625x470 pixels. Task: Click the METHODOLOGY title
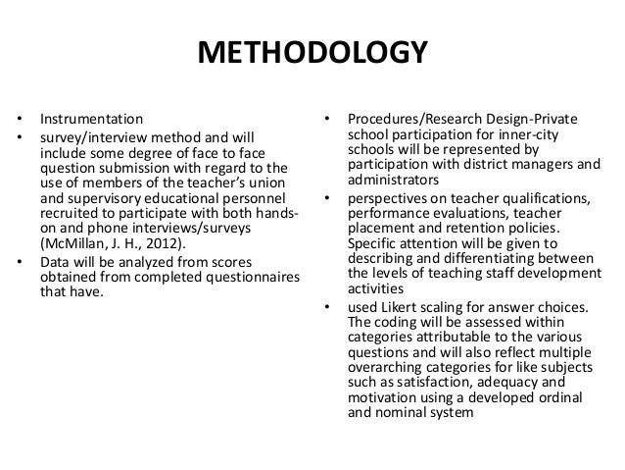tap(312, 52)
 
